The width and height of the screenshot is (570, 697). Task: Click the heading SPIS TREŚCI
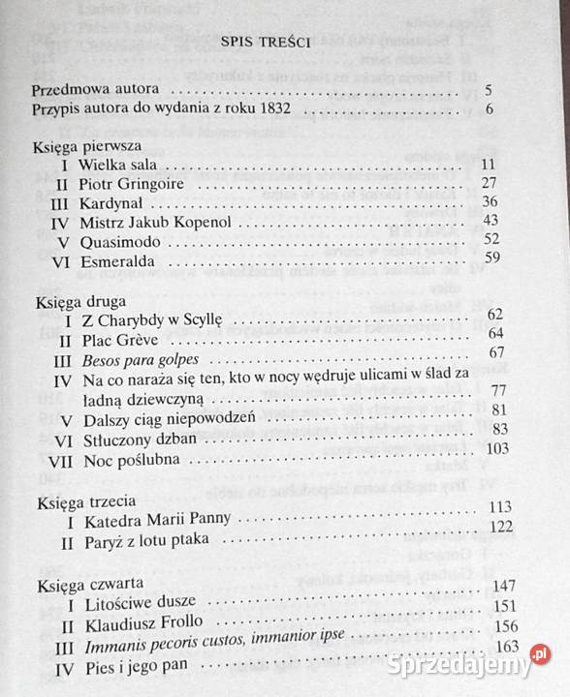tap(265, 43)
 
